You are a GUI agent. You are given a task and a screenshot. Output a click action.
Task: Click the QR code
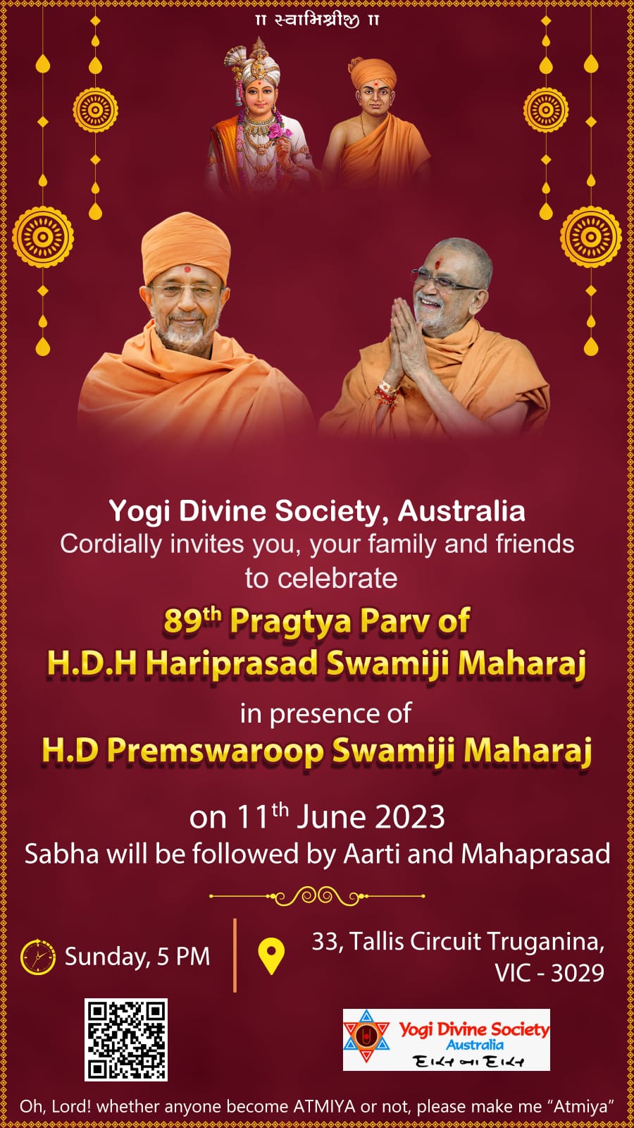coord(126,1039)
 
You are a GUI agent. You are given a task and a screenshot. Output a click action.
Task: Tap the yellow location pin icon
coord(271,956)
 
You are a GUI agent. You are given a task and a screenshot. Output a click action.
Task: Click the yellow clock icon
coord(38,956)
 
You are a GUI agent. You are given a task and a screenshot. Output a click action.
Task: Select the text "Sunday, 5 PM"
coord(137,956)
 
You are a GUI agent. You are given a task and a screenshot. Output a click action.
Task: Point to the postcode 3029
coord(577,973)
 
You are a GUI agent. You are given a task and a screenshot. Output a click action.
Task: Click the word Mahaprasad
coord(535,854)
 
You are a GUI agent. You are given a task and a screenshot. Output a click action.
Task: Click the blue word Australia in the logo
coord(475,1045)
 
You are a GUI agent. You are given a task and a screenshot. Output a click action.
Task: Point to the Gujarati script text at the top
coord(317,20)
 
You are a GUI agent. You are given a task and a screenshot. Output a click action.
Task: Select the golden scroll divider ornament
coord(317,896)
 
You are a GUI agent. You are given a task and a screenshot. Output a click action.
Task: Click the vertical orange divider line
coord(235,955)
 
